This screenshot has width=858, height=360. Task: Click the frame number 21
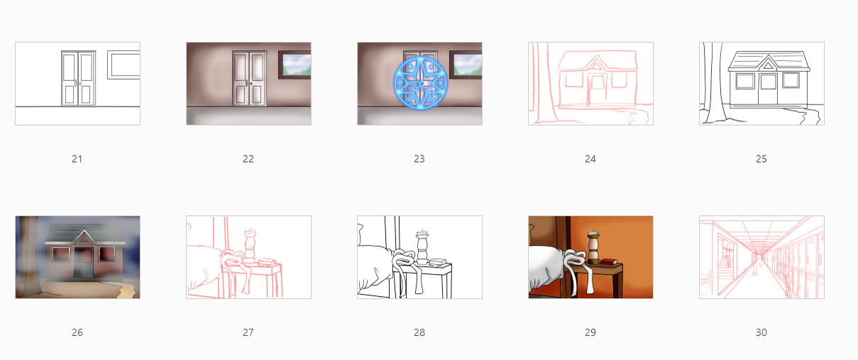click(x=77, y=159)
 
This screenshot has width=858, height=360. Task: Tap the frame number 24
click(x=590, y=159)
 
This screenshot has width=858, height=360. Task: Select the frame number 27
click(x=248, y=332)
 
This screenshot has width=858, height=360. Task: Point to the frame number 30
click(x=761, y=332)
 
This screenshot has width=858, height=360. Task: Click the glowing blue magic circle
click(x=420, y=83)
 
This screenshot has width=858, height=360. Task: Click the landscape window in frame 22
click(x=295, y=65)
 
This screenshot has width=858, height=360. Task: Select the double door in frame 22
click(x=249, y=78)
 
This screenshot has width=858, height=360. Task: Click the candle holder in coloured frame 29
click(x=593, y=247)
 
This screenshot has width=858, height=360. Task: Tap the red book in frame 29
click(x=608, y=262)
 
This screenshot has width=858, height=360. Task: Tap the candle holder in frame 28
click(x=422, y=247)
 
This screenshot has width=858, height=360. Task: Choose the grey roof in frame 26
click(x=84, y=234)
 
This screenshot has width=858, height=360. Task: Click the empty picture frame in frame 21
click(x=123, y=65)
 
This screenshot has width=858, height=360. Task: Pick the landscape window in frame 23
click(x=466, y=65)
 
